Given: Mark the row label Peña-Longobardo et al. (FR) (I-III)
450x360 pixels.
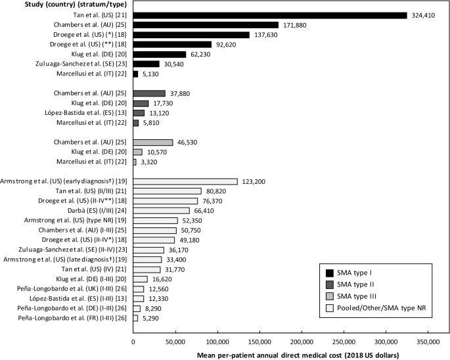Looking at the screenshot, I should point(68,318).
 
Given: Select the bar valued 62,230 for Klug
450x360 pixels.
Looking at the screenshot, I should point(160,54).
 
